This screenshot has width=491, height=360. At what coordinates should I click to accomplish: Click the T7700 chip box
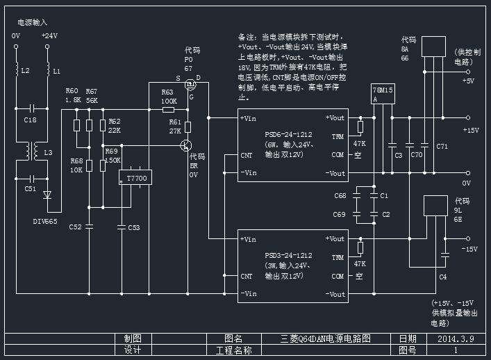click(x=136, y=179)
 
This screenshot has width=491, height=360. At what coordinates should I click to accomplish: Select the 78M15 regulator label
click(x=383, y=90)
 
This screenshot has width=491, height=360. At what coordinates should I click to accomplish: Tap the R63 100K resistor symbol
click(x=168, y=110)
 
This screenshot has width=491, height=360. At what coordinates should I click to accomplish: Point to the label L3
click(x=48, y=152)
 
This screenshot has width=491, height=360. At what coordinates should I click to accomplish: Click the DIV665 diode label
click(x=46, y=221)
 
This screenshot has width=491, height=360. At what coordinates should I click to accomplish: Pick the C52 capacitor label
click(x=76, y=227)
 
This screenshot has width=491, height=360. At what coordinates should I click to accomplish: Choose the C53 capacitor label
click(x=133, y=227)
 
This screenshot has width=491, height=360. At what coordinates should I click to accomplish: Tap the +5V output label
click(x=469, y=81)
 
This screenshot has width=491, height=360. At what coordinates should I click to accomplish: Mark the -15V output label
click(x=469, y=248)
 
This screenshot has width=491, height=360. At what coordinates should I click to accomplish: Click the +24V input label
click(x=49, y=35)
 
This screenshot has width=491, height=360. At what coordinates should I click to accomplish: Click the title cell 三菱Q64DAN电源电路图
click(x=326, y=339)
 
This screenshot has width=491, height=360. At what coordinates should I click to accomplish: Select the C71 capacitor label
click(x=442, y=146)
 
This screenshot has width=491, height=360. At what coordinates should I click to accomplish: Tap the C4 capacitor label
click(x=442, y=277)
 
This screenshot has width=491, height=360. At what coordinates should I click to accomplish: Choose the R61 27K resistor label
click(x=174, y=126)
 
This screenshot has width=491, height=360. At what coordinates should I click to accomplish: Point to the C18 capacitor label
click(x=30, y=120)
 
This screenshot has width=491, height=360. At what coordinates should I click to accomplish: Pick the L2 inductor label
click(x=25, y=71)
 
